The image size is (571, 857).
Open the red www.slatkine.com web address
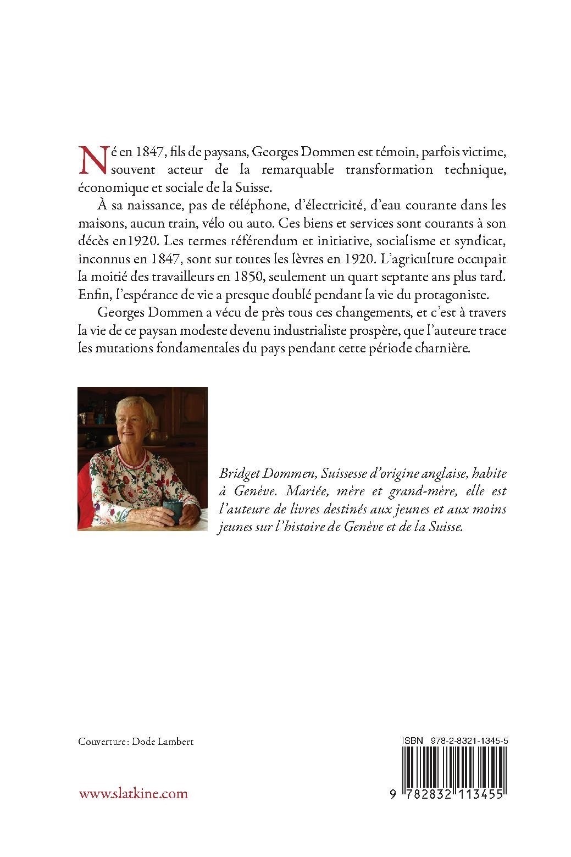[x=134, y=793]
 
